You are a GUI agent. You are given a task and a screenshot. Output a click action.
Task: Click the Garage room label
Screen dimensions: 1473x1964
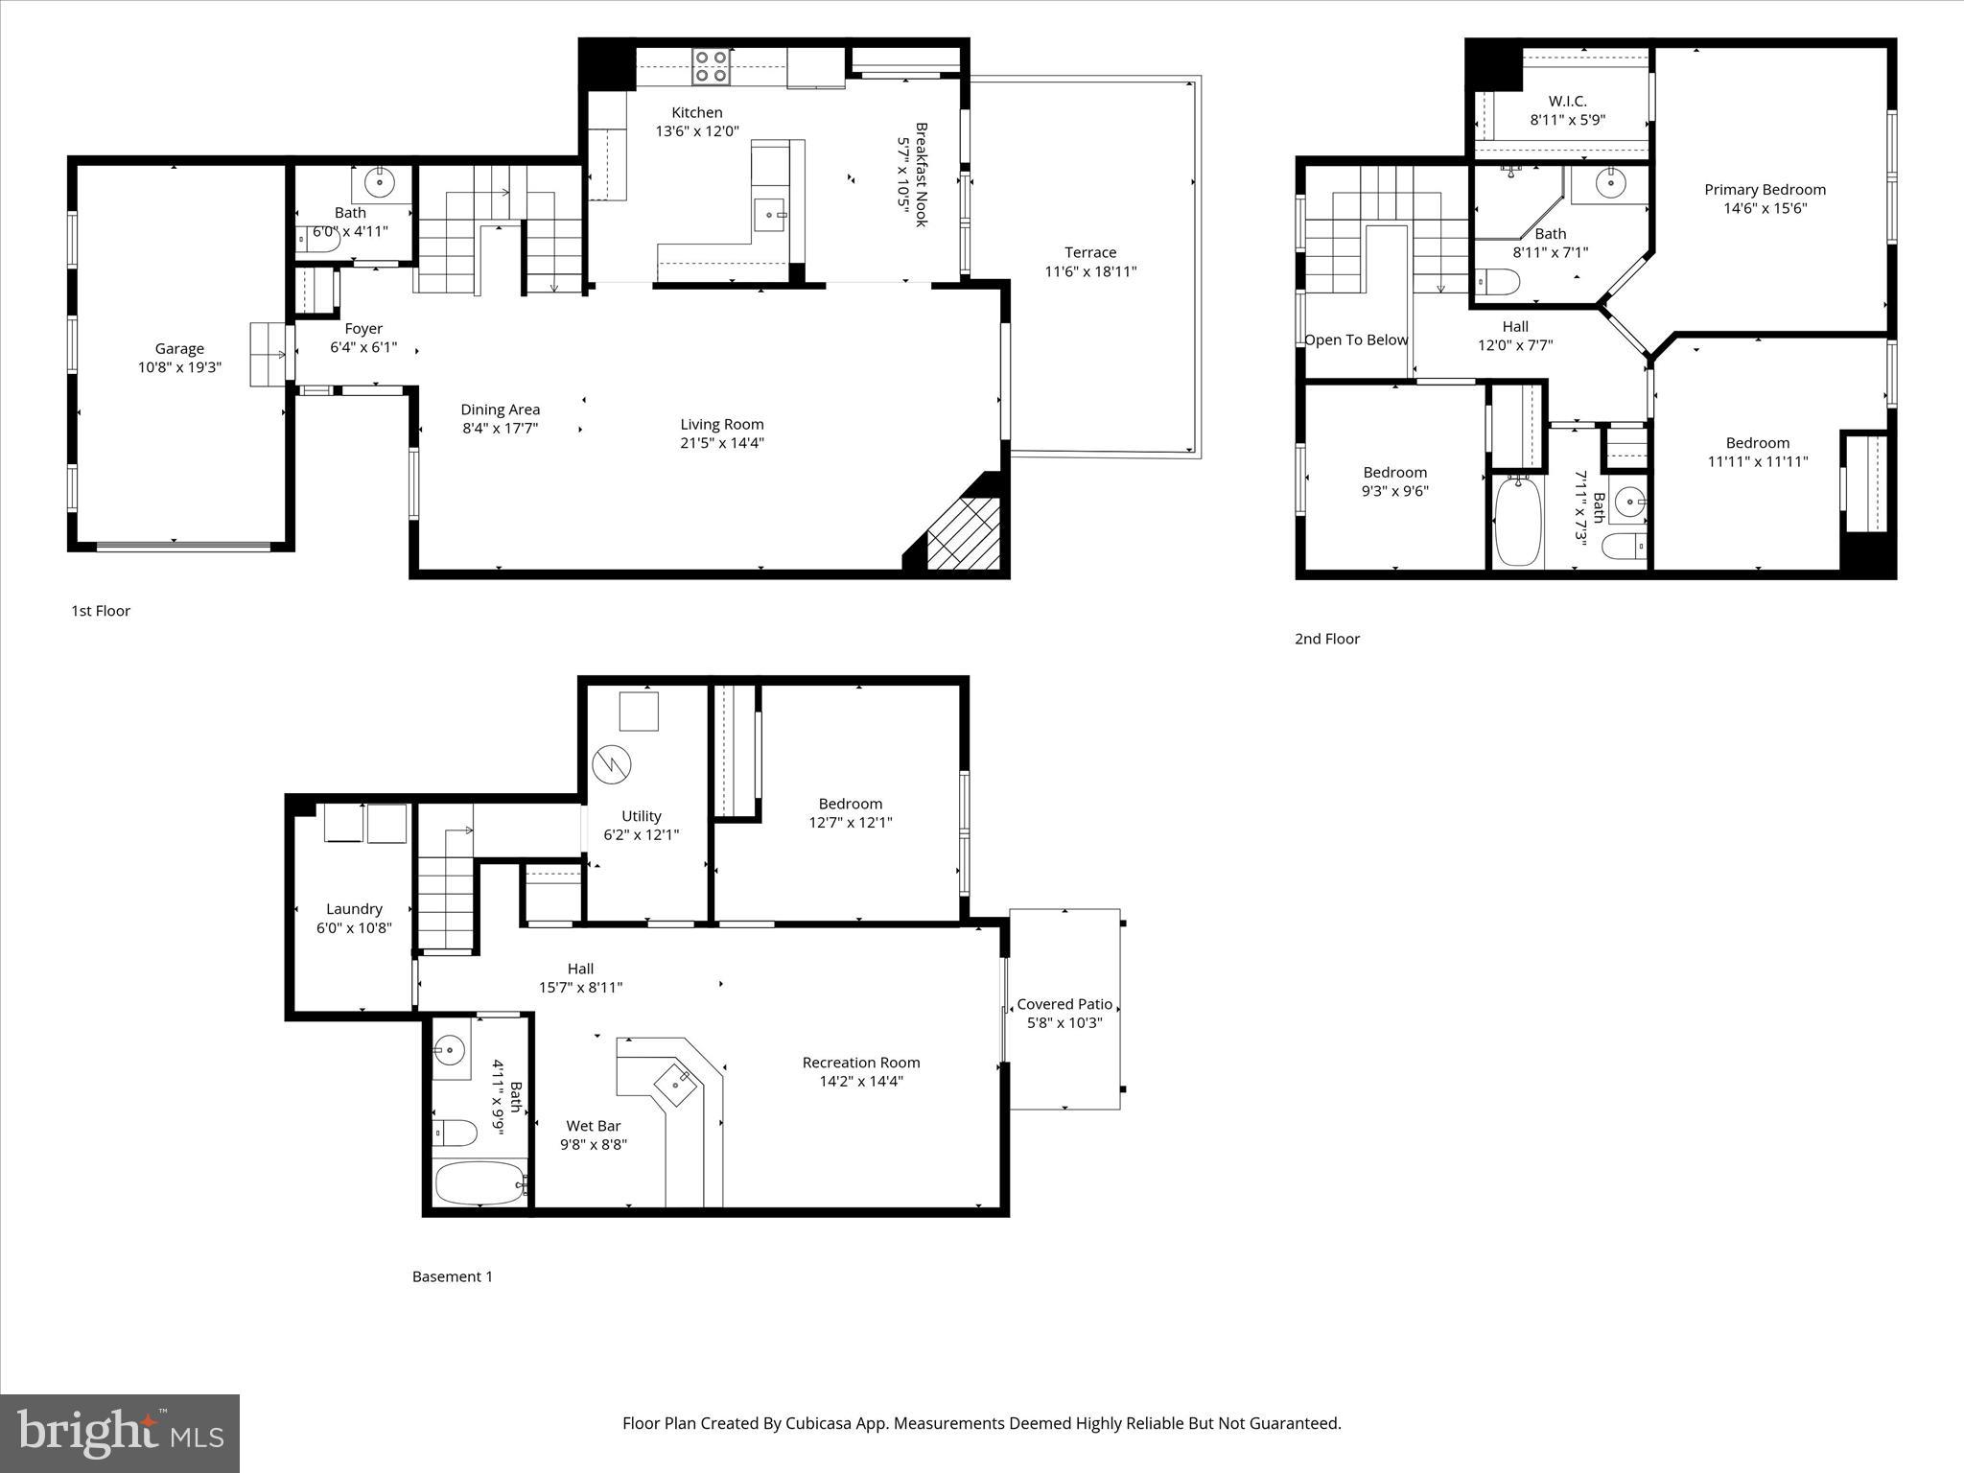pos(179,349)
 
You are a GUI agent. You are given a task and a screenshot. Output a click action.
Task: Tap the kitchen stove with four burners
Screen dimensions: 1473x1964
pos(711,66)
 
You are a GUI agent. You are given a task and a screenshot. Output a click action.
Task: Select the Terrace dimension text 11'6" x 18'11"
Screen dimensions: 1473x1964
pos(1090,271)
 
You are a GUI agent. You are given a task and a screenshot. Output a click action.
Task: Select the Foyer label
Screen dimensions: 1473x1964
pos(363,329)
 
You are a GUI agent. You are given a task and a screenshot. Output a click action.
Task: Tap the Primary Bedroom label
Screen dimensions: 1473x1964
pos(1765,190)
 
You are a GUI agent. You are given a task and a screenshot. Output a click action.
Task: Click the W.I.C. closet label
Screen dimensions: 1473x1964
pos(1567,101)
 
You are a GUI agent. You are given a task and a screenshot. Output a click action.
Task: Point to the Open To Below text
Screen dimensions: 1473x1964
pos(1356,339)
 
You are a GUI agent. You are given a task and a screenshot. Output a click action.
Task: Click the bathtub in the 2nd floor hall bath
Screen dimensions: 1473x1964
pos(1516,521)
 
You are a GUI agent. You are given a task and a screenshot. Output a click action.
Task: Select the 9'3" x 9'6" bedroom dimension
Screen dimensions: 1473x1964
pos(1394,491)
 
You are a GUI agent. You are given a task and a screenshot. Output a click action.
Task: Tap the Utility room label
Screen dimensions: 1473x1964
pos(641,816)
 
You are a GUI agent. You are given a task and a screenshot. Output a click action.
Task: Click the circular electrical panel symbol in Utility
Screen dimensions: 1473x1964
pos(612,764)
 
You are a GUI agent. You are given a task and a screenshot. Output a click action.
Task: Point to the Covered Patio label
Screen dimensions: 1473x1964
pos(1064,1004)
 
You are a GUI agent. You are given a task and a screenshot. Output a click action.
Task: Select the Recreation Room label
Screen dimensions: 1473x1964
pos(860,1063)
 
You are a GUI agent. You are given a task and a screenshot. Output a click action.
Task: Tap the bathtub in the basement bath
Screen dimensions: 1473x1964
pos(480,1183)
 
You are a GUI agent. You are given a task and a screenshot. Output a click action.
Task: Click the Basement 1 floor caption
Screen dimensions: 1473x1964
pos(452,1276)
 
